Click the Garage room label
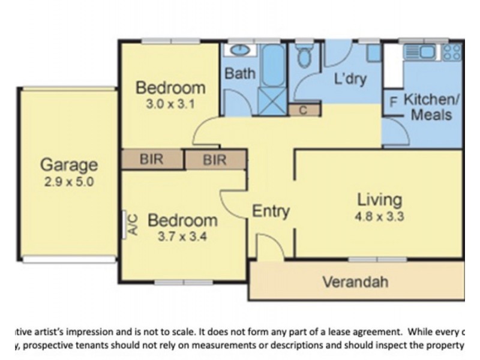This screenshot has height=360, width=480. coord(68,164)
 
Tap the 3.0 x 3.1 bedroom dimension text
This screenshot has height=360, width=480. coord(170,103)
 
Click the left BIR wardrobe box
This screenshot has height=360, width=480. coord(152,160)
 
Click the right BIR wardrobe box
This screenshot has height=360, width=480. coord(215,160)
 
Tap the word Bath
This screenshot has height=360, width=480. coord(240,74)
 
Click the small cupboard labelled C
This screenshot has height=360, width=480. coord(303,110)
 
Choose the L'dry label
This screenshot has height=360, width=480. coord(349,79)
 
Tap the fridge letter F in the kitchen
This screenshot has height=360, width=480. coord(394,102)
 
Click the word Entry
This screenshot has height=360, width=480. coord(271,211)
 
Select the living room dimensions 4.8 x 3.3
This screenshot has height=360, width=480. coord(379,215)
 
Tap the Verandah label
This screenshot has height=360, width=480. coord(355,281)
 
